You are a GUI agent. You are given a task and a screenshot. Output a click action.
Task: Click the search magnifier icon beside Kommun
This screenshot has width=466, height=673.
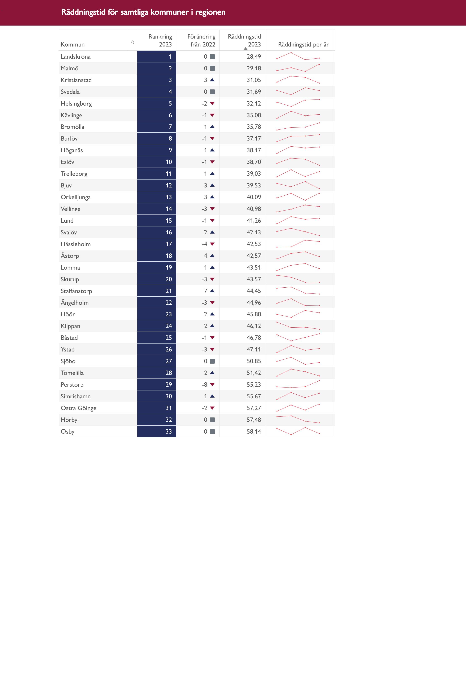[x=132, y=42]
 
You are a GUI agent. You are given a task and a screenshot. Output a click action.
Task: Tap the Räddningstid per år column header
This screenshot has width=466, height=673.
[x=303, y=44]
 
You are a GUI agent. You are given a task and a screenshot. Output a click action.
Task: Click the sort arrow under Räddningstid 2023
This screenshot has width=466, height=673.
[x=245, y=49]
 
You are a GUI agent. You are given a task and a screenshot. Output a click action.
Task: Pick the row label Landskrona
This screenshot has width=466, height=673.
[x=76, y=57]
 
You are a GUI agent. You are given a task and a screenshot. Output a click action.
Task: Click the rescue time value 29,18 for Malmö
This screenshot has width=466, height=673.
[x=253, y=68]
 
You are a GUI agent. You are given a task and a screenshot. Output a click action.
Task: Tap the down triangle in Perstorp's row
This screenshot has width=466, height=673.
[x=212, y=385]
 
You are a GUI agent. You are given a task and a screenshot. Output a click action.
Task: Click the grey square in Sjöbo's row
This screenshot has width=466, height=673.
[x=212, y=361]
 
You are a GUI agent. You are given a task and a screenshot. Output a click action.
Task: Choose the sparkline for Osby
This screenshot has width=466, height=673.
[x=298, y=431]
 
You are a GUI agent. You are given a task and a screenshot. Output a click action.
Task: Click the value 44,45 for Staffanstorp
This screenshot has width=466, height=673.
[x=253, y=291]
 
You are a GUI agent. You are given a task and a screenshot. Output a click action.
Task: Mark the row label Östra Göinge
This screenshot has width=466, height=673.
[x=79, y=408]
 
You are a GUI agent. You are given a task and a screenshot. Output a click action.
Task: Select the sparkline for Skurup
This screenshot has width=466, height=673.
[x=298, y=279]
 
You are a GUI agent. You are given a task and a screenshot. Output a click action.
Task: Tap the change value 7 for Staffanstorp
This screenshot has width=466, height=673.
[x=206, y=291]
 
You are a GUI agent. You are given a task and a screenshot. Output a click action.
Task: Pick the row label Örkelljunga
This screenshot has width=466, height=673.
[x=76, y=197]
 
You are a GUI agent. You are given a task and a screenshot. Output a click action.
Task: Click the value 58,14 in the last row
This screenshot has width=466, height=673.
[x=253, y=431]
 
